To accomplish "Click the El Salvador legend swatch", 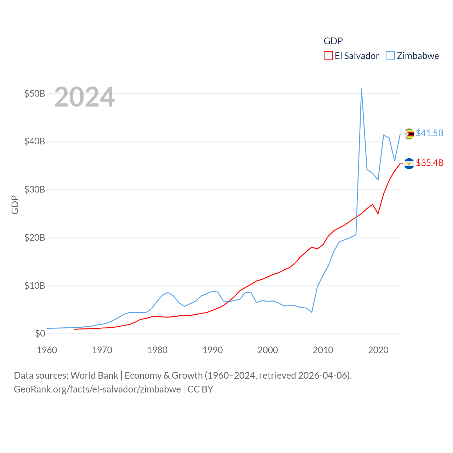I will click(x=328, y=56).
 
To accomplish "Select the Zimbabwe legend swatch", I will click(x=390, y=56).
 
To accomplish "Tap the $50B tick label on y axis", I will click(x=35, y=93).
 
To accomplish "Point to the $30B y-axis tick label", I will click(x=35, y=189).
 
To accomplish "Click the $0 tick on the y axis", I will click(x=40, y=333).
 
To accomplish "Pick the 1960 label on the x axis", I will click(x=47, y=350).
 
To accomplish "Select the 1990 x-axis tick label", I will click(x=212, y=350).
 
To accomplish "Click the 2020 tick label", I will click(x=378, y=350).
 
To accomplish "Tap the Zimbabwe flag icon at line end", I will click(x=409, y=134).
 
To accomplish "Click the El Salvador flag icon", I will click(x=409, y=164).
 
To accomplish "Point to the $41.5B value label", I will click(x=430, y=133).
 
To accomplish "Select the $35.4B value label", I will click(x=430, y=163).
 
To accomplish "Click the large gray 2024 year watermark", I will click(x=85, y=97).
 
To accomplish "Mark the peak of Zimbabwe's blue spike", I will click(x=361, y=89).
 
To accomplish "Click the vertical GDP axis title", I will click(x=15, y=205).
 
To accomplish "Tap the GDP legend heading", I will click(x=333, y=41).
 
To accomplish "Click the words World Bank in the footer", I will click(x=94, y=375).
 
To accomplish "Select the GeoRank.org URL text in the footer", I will click(x=97, y=389).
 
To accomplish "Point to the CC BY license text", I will click(x=200, y=389).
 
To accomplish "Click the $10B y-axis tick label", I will click(x=35, y=286).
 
